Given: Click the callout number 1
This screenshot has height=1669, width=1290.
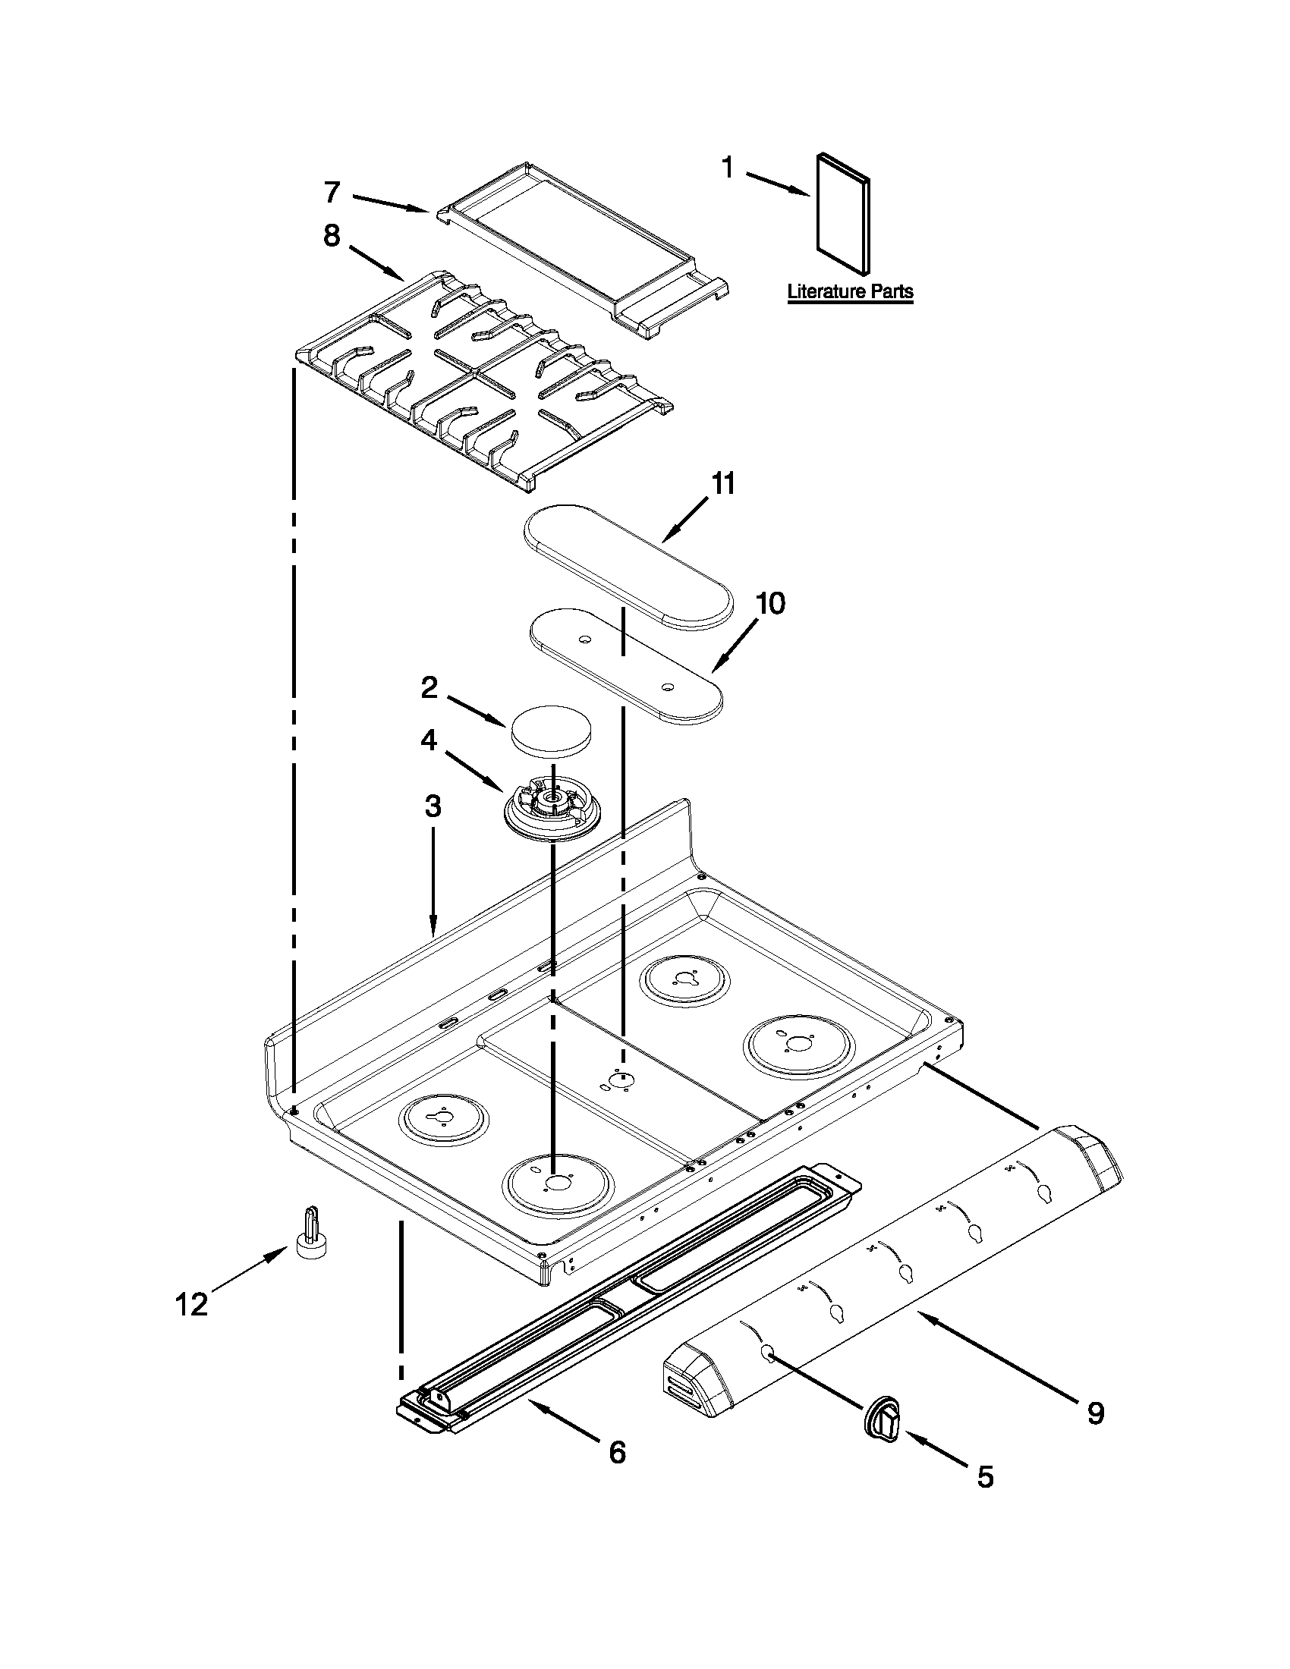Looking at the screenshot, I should click(x=728, y=168).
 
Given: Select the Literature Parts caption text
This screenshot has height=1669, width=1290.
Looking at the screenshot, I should click(x=850, y=292).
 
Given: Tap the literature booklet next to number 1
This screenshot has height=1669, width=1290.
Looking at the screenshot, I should click(x=842, y=214).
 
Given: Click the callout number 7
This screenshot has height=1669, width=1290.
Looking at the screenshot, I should click(x=331, y=192).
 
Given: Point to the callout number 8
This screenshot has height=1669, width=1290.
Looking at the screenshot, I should click(x=331, y=236).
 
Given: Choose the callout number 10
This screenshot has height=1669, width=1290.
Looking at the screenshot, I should click(x=770, y=603).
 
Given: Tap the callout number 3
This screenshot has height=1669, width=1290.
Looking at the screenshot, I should click(x=433, y=806).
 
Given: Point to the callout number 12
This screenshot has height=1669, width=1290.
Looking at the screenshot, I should click(x=192, y=1303).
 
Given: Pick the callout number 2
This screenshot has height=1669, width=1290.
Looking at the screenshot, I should click(x=429, y=689).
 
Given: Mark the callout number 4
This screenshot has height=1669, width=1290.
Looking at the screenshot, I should click(x=429, y=740).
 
